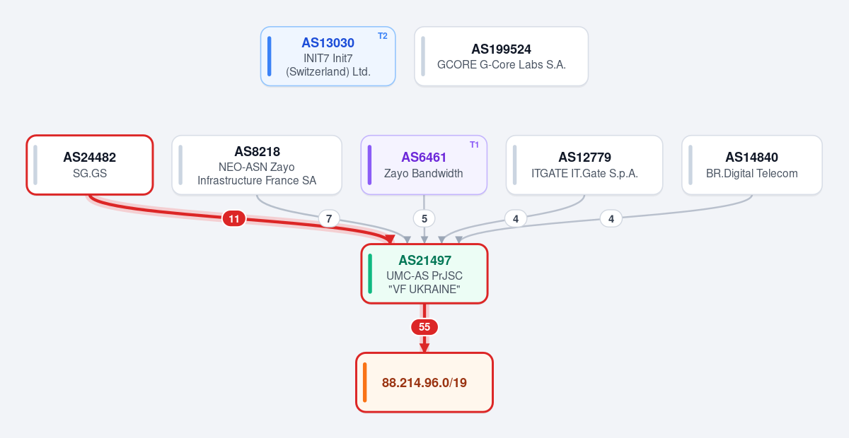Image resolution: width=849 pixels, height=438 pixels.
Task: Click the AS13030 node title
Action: pyautogui.click(x=328, y=43)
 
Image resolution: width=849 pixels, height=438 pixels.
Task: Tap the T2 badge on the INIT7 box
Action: pyautogui.click(x=383, y=36)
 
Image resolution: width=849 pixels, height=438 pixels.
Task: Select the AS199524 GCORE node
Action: pyautogui.click(x=501, y=57)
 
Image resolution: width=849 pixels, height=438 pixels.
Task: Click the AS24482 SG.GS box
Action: pyautogui.click(x=90, y=165)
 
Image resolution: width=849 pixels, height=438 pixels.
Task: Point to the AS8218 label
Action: pyautogui.click(x=257, y=151)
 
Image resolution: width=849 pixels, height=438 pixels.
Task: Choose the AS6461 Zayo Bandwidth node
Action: pyautogui.click(x=424, y=165)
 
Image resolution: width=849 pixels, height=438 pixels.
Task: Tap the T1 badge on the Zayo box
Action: pyautogui.click(x=474, y=145)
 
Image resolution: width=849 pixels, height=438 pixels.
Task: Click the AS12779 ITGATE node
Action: pyautogui.click(x=584, y=165)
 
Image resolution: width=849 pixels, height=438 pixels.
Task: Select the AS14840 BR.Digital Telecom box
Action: pyautogui.click(x=752, y=165)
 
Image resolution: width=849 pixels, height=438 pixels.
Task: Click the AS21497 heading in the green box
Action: pyautogui.click(x=425, y=261)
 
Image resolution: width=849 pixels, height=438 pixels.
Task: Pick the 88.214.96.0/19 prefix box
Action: pyautogui.click(x=424, y=382)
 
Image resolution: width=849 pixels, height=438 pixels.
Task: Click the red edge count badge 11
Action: pyautogui.click(x=234, y=219)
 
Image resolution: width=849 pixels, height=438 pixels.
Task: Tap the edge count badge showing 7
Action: pyautogui.click(x=329, y=219)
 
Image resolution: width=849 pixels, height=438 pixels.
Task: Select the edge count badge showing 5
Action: pyautogui.click(x=424, y=219)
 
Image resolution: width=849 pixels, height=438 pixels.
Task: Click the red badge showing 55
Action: pyautogui.click(x=424, y=326)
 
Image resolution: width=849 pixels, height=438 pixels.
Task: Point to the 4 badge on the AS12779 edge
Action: pyautogui.click(x=516, y=219)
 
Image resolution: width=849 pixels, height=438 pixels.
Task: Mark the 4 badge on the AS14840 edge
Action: pyautogui.click(x=611, y=219)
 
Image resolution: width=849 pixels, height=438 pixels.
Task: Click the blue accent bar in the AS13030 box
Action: pyautogui.click(x=270, y=57)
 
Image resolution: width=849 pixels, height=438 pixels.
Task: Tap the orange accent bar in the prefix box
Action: pyautogui.click(x=364, y=382)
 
